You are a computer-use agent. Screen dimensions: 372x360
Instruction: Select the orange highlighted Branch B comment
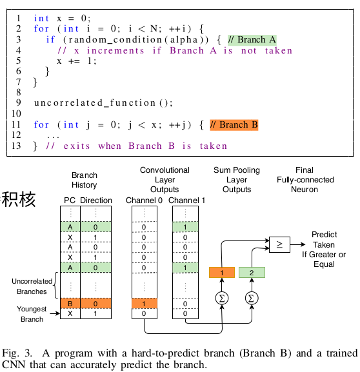coord(234,124)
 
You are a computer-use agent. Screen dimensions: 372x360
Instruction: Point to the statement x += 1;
coord(77,61)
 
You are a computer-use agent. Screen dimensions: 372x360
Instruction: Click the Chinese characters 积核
coord(19,199)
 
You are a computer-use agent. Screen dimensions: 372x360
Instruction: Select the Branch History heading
coord(85,180)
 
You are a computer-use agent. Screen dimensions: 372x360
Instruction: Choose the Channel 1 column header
coord(186,201)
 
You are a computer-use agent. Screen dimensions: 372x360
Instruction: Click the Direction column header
coord(96,201)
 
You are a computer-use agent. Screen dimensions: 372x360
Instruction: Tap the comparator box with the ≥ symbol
coord(279,244)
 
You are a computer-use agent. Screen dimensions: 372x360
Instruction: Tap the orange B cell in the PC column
coord(70,303)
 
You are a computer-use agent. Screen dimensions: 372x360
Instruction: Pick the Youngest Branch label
coord(32,313)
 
